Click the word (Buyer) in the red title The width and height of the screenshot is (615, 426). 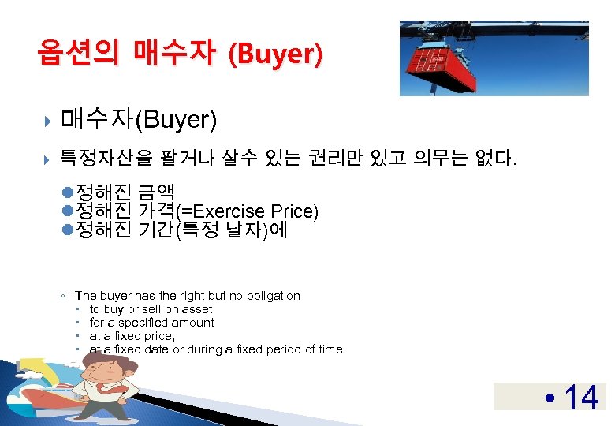(274, 54)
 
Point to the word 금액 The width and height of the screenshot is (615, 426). (160, 192)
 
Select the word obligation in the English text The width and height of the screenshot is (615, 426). (274, 296)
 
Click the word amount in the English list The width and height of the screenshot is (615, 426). (193, 323)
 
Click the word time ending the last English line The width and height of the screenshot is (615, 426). (330, 349)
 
